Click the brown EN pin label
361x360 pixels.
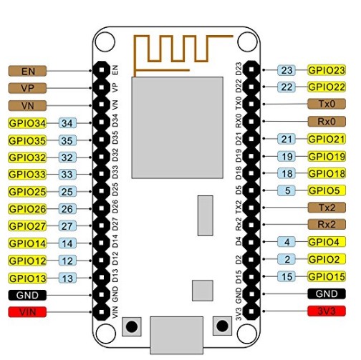[27, 71]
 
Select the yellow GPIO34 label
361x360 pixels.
[27, 123]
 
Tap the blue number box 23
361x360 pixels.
[287, 70]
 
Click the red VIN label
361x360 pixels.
[27, 312]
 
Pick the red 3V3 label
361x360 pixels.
[327, 311]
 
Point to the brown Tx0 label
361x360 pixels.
[327, 104]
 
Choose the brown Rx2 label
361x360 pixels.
[327, 224]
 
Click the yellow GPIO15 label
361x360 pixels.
[327, 276]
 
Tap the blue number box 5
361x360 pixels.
[287, 190]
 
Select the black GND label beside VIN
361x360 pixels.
[27, 295]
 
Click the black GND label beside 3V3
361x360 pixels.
[327, 293]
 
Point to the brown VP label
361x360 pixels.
[27, 88]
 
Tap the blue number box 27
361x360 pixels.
[67, 226]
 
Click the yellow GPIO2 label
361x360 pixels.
[327, 259]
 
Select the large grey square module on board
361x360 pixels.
[178, 127]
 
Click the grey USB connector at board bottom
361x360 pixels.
[177, 335]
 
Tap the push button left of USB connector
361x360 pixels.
[132, 326]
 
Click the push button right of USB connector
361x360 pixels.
[222, 326]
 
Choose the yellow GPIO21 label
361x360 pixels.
[327, 139]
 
